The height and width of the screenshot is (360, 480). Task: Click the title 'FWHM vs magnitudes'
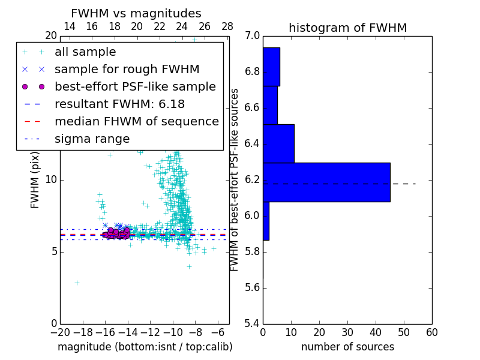136,14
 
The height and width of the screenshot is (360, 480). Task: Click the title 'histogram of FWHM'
347,28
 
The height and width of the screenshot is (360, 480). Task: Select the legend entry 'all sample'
85,52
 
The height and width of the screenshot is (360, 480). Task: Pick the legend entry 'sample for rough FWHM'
127,70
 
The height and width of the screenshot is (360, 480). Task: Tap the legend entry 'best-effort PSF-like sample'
135,86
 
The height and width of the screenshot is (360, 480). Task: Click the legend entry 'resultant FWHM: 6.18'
119,104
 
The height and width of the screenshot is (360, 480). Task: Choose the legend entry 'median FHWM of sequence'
136,121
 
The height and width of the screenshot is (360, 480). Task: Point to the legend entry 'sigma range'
92,139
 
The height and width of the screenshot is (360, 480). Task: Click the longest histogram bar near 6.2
326,182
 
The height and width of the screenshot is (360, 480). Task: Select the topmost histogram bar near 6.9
271,67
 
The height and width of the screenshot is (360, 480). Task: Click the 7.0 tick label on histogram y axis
252,36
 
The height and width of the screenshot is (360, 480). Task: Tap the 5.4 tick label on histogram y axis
252,323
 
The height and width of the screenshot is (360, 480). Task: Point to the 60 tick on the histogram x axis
431,332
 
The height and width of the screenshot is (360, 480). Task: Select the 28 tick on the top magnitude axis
227,26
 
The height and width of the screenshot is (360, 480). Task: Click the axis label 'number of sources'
347,347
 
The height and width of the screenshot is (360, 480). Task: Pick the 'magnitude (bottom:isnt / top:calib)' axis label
145,347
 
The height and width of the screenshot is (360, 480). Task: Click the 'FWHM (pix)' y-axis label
35,179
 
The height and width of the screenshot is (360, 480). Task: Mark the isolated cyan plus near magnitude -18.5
77,283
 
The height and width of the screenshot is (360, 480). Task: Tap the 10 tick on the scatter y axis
51,180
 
